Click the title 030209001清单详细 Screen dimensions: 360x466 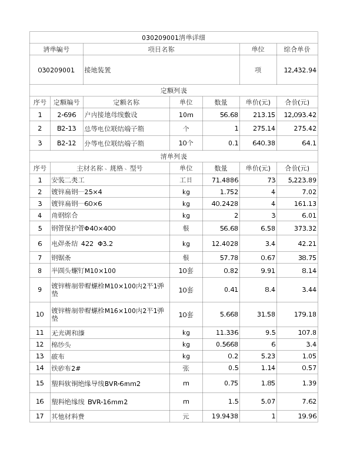click(174, 38)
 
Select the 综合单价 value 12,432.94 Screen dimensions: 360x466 click(300, 70)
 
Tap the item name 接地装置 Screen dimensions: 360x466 click(98, 70)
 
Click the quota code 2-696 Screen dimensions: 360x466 click(66, 115)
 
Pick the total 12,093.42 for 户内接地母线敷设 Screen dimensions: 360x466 click(300, 115)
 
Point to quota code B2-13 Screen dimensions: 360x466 click(66, 128)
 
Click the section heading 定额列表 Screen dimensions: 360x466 click(174, 91)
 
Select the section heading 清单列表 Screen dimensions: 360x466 click(174, 157)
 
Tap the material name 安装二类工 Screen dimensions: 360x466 click(68, 180)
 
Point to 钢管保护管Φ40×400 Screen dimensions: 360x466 click(84, 228)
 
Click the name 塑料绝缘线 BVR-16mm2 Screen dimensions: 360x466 click(89, 402)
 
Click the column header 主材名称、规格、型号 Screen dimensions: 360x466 click(110, 168)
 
